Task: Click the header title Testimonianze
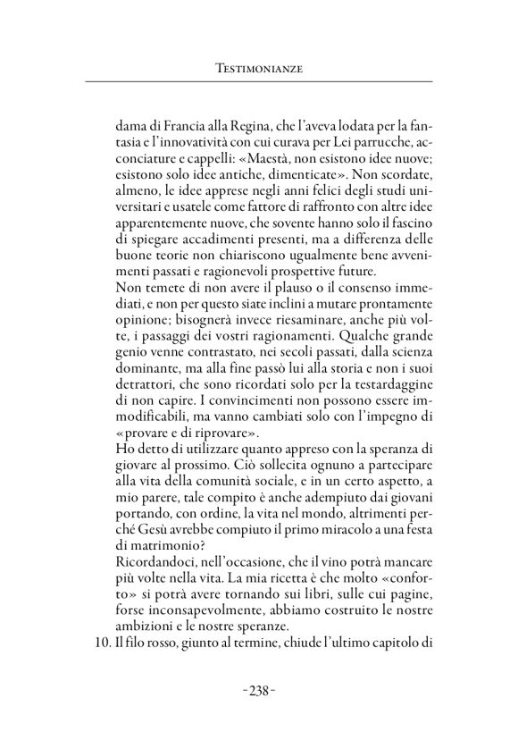259,67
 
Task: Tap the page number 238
258,691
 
